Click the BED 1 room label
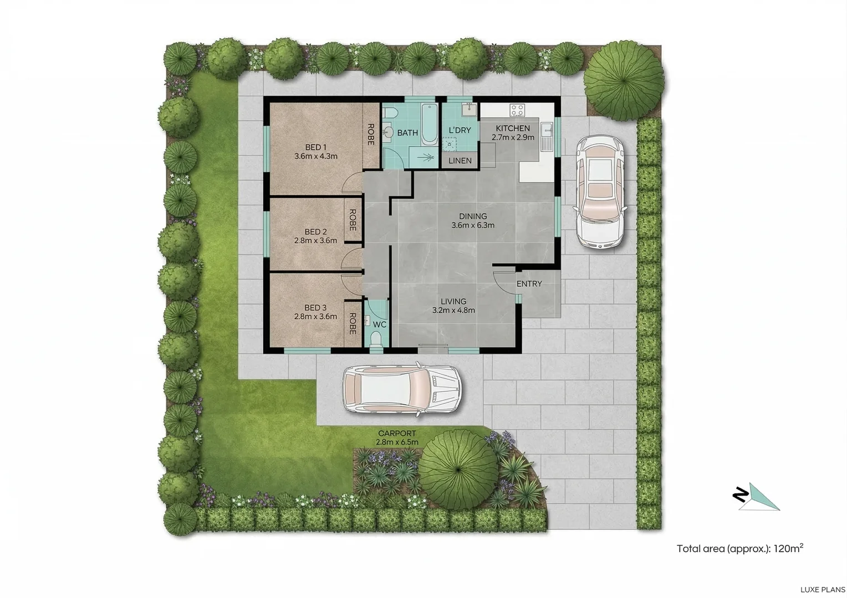click(x=315, y=147)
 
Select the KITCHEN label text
click(x=513, y=128)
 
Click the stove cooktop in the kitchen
click(x=517, y=110)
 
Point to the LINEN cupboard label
click(x=460, y=161)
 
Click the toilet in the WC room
click(x=376, y=339)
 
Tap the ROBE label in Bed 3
click(x=352, y=324)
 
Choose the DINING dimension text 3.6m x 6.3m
click(x=473, y=225)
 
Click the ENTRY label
click(x=529, y=284)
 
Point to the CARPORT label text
click(x=397, y=434)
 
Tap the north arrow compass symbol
click(x=756, y=496)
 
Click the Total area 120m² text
click(x=739, y=549)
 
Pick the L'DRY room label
click(x=460, y=131)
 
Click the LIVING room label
click(x=453, y=302)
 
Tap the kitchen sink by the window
click(x=546, y=131)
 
